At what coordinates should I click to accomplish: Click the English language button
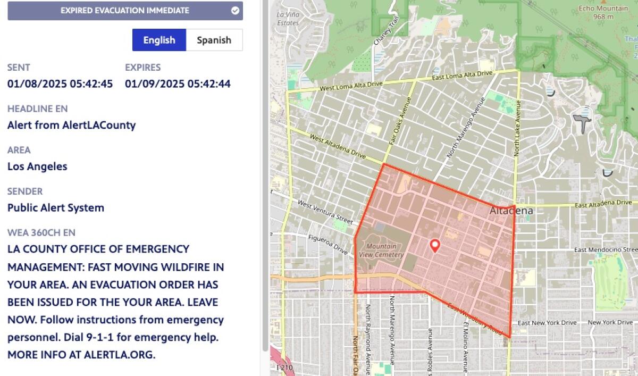coord(159,40)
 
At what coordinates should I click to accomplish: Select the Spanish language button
coord(214,40)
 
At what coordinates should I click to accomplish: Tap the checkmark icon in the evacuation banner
coord(235,10)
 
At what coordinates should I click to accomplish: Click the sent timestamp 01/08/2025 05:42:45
coord(60,83)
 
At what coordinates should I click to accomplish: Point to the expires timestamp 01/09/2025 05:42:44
coord(178,83)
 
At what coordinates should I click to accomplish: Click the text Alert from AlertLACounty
coord(71,125)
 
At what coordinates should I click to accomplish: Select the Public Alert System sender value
coord(56,207)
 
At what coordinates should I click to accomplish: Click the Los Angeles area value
coord(37,166)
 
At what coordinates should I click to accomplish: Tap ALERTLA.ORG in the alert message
coord(119,354)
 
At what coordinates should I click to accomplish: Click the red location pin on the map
coord(435,245)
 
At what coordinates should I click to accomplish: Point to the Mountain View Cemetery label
coord(381,250)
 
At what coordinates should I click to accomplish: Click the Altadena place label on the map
coord(510,211)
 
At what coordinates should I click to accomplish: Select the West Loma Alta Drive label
coord(351,85)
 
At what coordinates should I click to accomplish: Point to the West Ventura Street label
coord(325,211)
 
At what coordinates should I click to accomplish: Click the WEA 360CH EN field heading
coord(41,232)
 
